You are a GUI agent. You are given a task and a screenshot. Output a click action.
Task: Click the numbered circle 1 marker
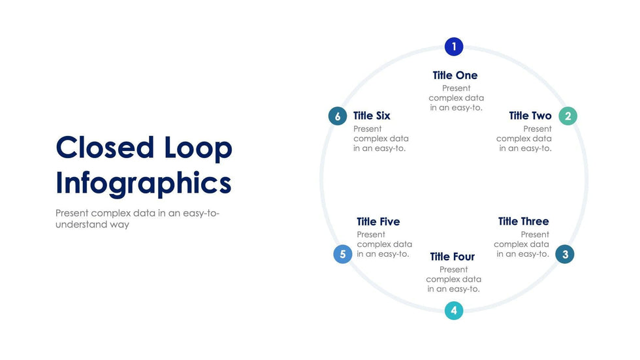point(453,46)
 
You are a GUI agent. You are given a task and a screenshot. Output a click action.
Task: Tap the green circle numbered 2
point(568,116)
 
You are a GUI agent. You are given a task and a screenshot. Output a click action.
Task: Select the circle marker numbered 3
point(565,254)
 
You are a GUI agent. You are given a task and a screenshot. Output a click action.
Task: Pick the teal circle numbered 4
point(453,310)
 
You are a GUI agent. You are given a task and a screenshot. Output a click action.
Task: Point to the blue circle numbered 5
point(342,254)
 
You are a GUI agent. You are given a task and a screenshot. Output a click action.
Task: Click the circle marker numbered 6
point(338,116)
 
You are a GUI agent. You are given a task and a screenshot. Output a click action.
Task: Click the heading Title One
point(455,76)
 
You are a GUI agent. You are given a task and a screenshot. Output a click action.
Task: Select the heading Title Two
point(530,116)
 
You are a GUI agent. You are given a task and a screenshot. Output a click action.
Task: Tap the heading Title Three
point(523,221)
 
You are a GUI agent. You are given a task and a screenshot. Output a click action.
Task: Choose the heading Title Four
point(452,257)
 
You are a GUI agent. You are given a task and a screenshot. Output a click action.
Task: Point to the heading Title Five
point(378,221)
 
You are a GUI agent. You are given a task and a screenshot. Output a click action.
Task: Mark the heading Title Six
point(372,116)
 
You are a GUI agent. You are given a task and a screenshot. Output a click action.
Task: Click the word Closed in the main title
point(105,148)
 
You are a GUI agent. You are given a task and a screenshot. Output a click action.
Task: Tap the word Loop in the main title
point(199,149)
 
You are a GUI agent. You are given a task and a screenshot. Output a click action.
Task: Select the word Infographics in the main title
point(144,184)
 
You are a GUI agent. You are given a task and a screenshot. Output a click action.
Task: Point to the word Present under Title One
point(456,88)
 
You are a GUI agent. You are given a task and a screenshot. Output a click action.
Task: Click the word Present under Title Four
point(453,269)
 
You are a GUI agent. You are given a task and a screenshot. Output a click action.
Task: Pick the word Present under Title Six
point(367,129)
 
